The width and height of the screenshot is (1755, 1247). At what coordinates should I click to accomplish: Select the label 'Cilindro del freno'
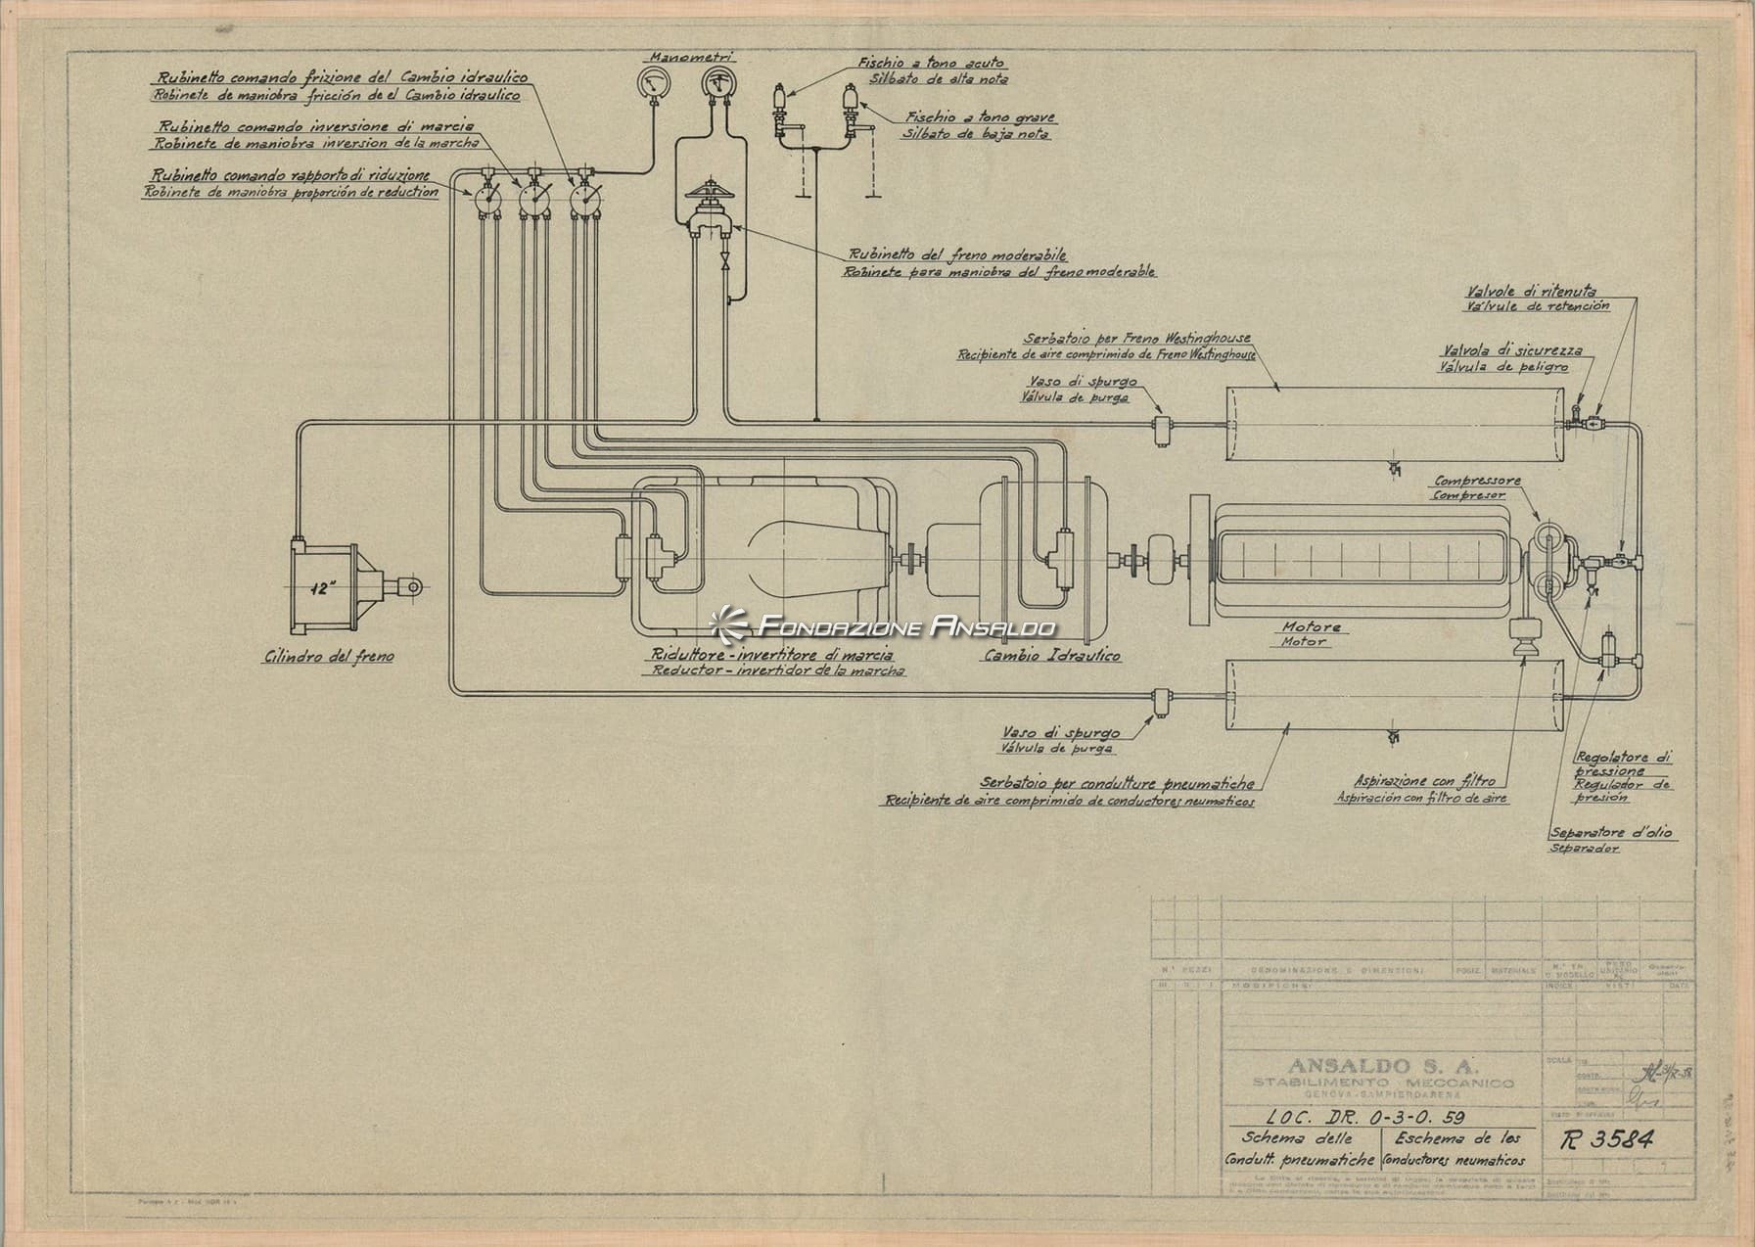[x=328, y=657]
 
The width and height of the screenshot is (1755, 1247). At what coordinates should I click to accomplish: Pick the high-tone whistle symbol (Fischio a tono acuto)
[x=781, y=101]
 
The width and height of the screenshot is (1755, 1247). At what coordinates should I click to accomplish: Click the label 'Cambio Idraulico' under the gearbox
[x=1050, y=655]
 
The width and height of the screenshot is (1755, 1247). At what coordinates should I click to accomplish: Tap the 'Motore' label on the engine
[x=1312, y=626]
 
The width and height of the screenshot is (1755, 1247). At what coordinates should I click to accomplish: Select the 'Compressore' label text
[x=1477, y=481]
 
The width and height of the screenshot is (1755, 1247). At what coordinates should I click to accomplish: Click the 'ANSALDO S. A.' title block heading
[x=1382, y=1065]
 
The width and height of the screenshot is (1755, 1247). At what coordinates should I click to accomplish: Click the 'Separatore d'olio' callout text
[x=1610, y=833]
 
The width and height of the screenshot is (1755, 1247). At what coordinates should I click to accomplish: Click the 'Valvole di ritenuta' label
[x=1531, y=291]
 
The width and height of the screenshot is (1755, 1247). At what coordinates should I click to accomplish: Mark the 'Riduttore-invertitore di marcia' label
[x=770, y=655]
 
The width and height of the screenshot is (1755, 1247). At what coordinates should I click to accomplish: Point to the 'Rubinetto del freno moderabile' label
[x=955, y=255]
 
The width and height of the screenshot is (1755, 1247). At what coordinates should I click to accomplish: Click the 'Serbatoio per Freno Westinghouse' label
[x=1137, y=338]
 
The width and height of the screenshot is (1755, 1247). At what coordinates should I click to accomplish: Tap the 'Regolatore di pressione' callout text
[x=1623, y=763]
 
